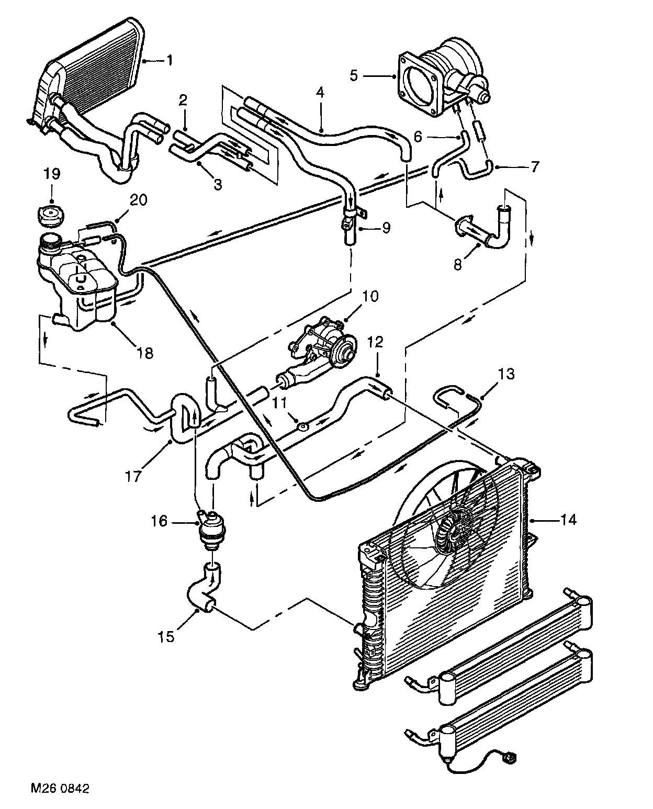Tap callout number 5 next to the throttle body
[354, 76]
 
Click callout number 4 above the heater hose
[320, 93]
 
